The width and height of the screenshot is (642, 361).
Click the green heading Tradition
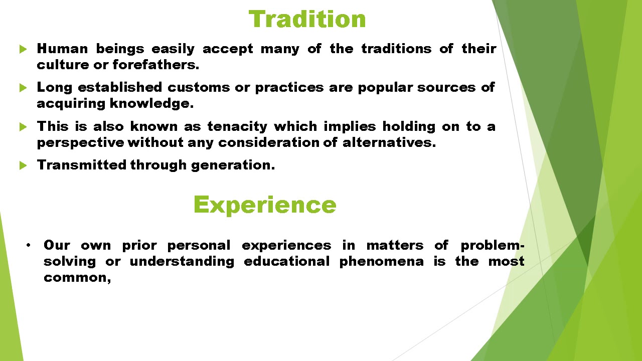click(x=307, y=20)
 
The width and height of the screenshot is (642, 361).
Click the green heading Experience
click(x=264, y=205)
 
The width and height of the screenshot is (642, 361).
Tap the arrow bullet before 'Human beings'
click(x=23, y=49)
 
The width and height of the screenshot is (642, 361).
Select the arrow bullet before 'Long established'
click(x=23, y=88)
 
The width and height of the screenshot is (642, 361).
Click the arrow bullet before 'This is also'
click(x=23, y=127)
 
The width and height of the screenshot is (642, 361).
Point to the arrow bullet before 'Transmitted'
click(x=23, y=165)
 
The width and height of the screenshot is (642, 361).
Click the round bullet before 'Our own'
click(x=29, y=245)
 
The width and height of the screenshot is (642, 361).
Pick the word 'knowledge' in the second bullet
click(x=151, y=104)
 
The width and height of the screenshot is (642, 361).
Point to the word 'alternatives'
click(x=389, y=142)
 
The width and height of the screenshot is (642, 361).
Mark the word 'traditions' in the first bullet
click(x=396, y=49)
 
